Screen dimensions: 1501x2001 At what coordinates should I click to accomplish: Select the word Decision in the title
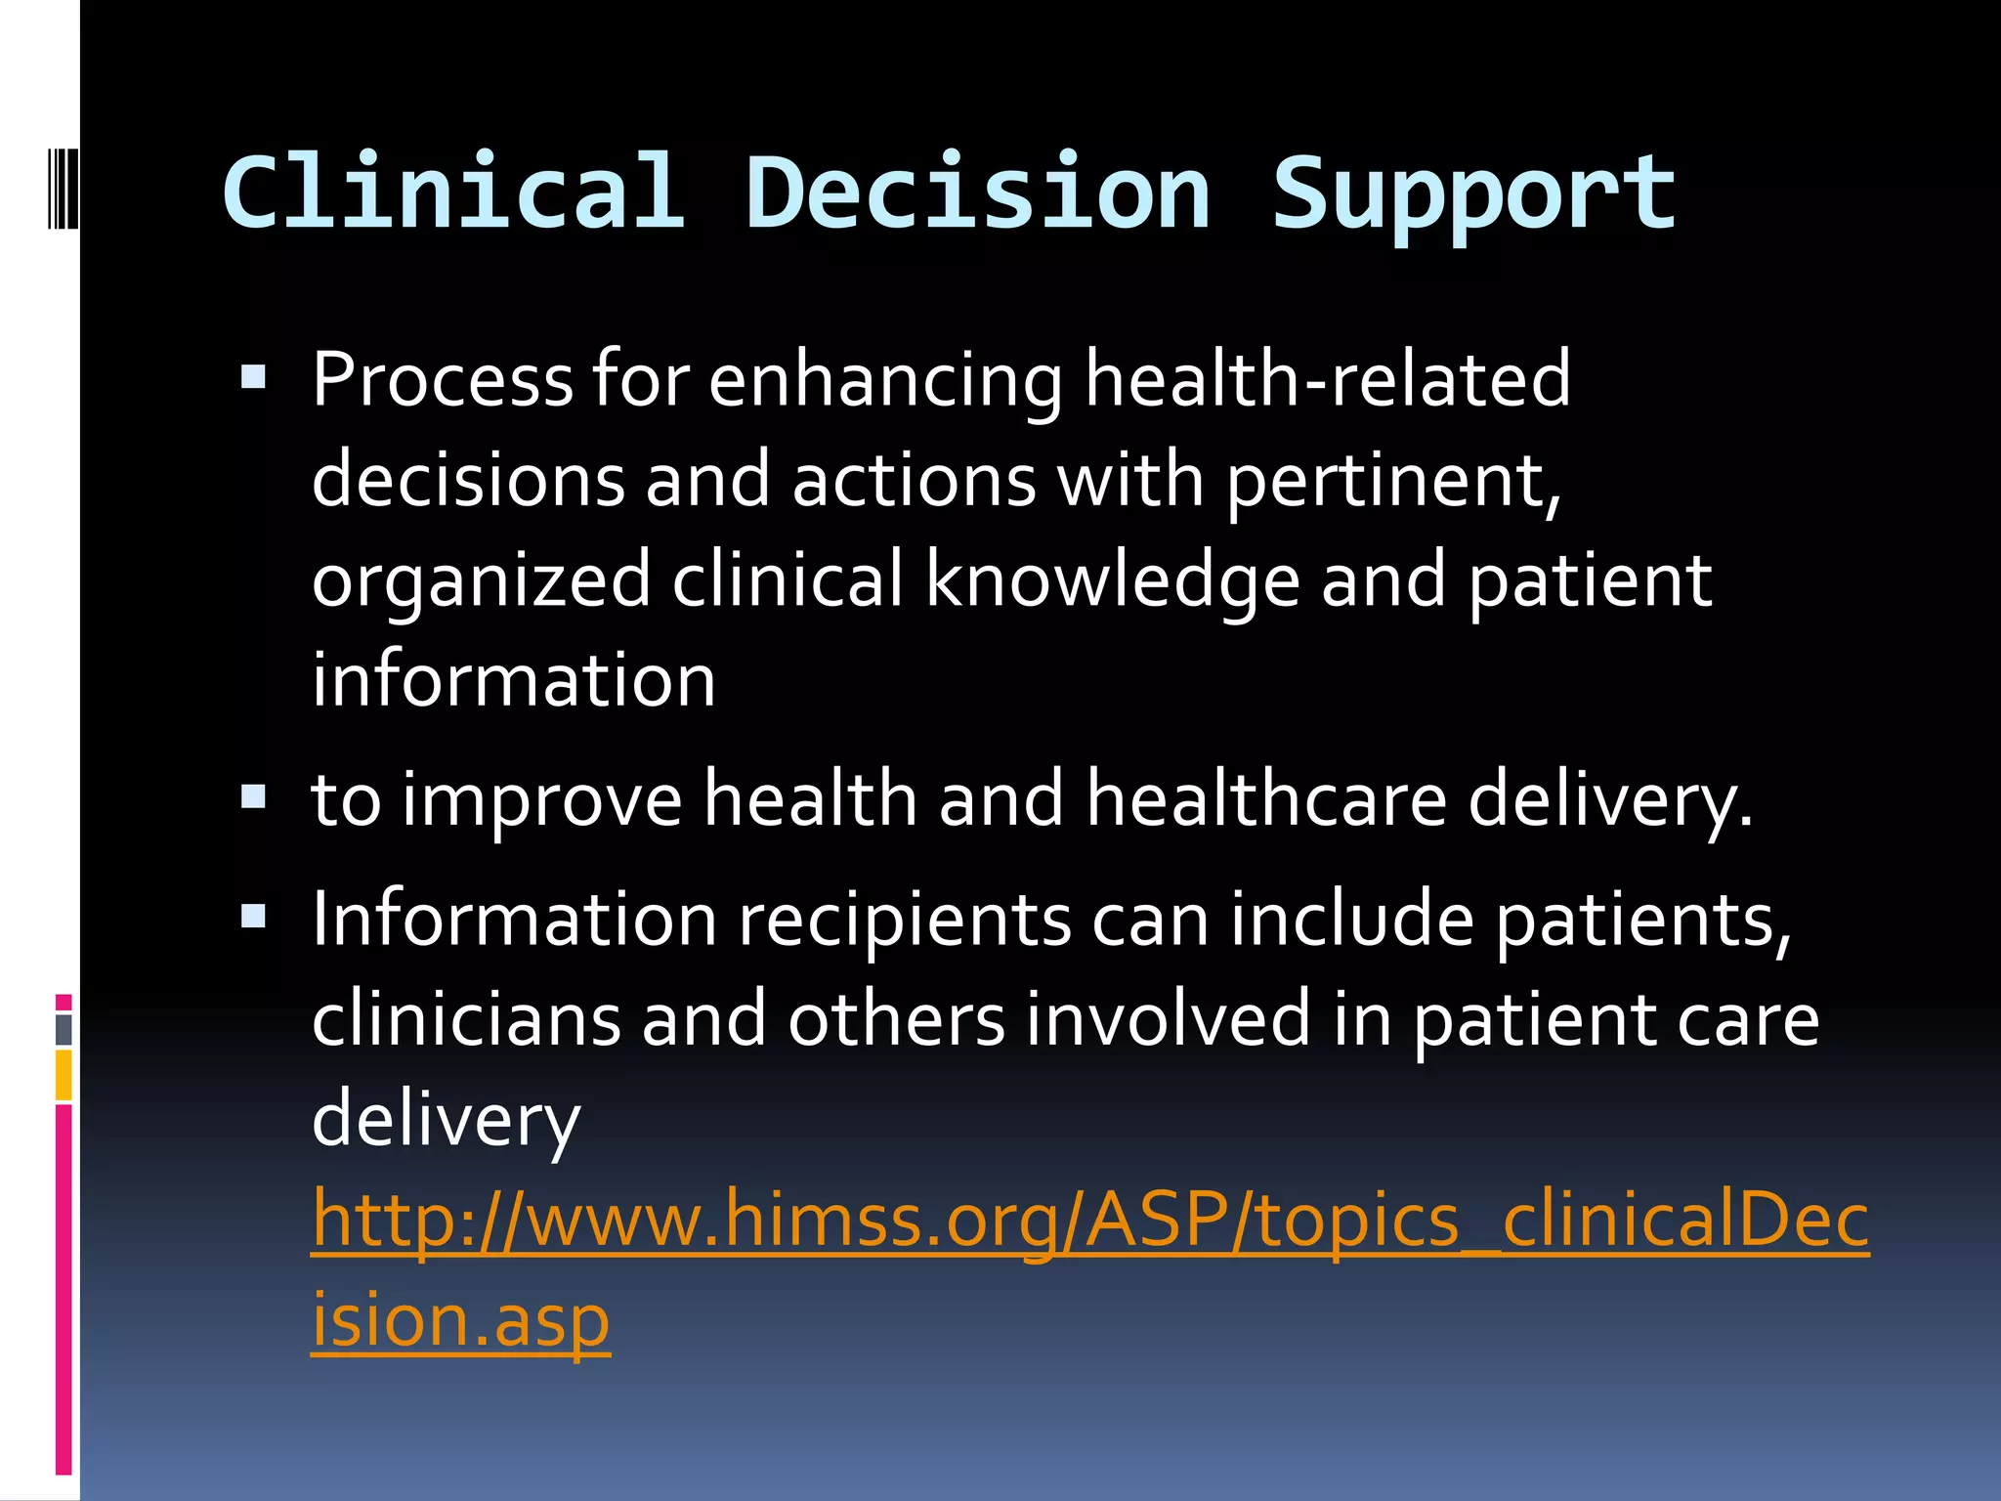click(x=978, y=193)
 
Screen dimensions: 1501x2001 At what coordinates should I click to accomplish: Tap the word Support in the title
click(x=1473, y=195)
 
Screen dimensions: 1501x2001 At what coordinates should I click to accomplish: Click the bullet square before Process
click(x=254, y=377)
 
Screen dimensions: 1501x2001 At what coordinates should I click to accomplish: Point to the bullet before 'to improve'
click(x=254, y=797)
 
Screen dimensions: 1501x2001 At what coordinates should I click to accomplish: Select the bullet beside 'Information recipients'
click(x=254, y=917)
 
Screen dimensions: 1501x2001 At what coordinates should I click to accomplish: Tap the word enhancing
click(x=885, y=381)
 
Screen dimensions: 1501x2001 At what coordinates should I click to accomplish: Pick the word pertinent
click(x=1393, y=481)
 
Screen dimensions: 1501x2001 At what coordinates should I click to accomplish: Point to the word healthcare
click(x=1266, y=799)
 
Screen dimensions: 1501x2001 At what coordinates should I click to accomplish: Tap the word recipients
click(x=905, y=921)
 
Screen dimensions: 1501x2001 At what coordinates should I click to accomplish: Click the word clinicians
click(x=466, y=1019)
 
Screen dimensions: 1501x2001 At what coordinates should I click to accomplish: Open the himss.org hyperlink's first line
click(x=1089, y=1221)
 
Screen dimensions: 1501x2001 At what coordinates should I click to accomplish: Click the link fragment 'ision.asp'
click(x=460, y=1320)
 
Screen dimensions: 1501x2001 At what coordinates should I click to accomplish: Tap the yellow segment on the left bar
click(x=64, y=1074)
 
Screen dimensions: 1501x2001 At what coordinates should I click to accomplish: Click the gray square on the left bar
click(x=64, y=1029)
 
